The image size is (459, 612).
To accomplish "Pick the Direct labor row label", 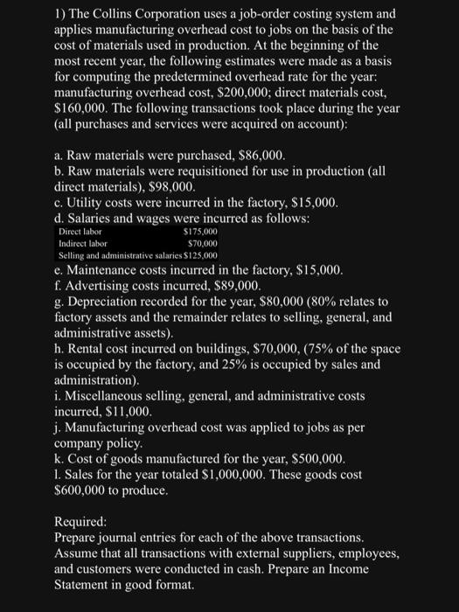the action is pos(80,232).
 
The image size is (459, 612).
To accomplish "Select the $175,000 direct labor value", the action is pos(202,232).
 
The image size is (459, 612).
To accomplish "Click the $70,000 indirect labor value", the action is pos(204,242).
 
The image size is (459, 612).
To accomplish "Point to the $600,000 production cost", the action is pos(83,490).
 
